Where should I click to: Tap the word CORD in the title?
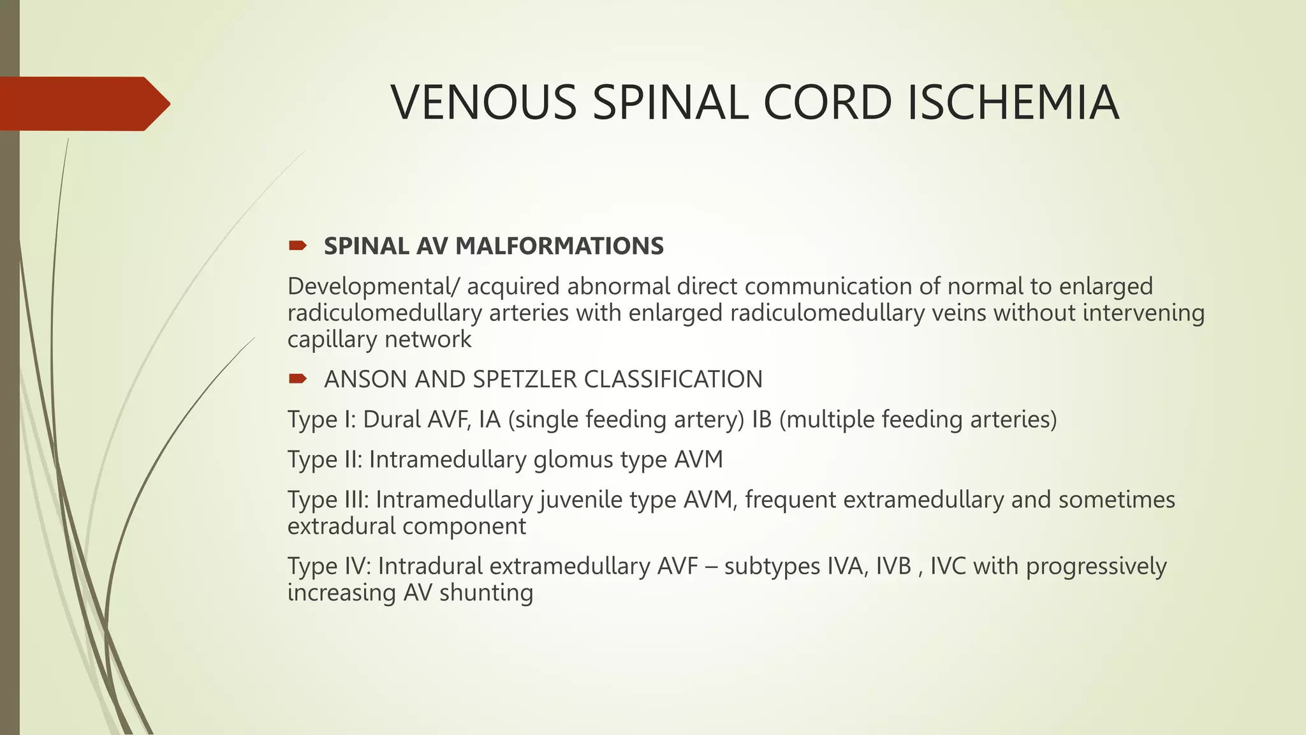coord(827,103)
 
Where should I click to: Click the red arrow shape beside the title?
coord(83,103)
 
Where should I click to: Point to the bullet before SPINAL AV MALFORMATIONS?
coord(297,246)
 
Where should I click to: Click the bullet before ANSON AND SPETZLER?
coord(297,379)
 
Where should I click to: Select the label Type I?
coord(321,420)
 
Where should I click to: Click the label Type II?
coord(325,460)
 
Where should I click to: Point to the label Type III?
coord(328,500)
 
